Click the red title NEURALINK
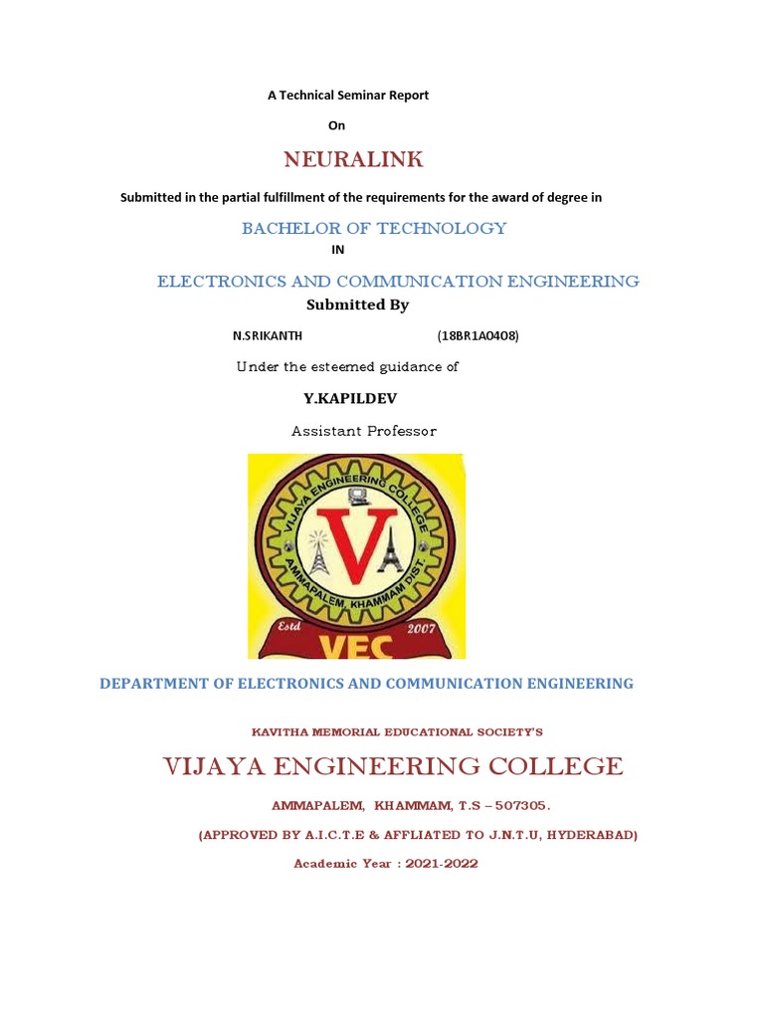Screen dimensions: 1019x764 (353, 159)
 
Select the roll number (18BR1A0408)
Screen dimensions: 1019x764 (477, 335)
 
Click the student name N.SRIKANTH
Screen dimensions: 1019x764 (268, 335)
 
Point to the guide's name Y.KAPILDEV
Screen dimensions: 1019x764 (356, 398)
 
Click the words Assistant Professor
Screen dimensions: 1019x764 (364, 431)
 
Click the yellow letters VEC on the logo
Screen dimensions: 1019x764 (356, 648)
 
